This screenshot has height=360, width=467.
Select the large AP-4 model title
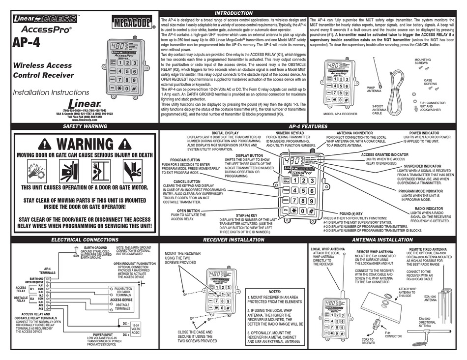coord(27,42)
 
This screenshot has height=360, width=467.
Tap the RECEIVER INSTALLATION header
coord(234,240)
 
